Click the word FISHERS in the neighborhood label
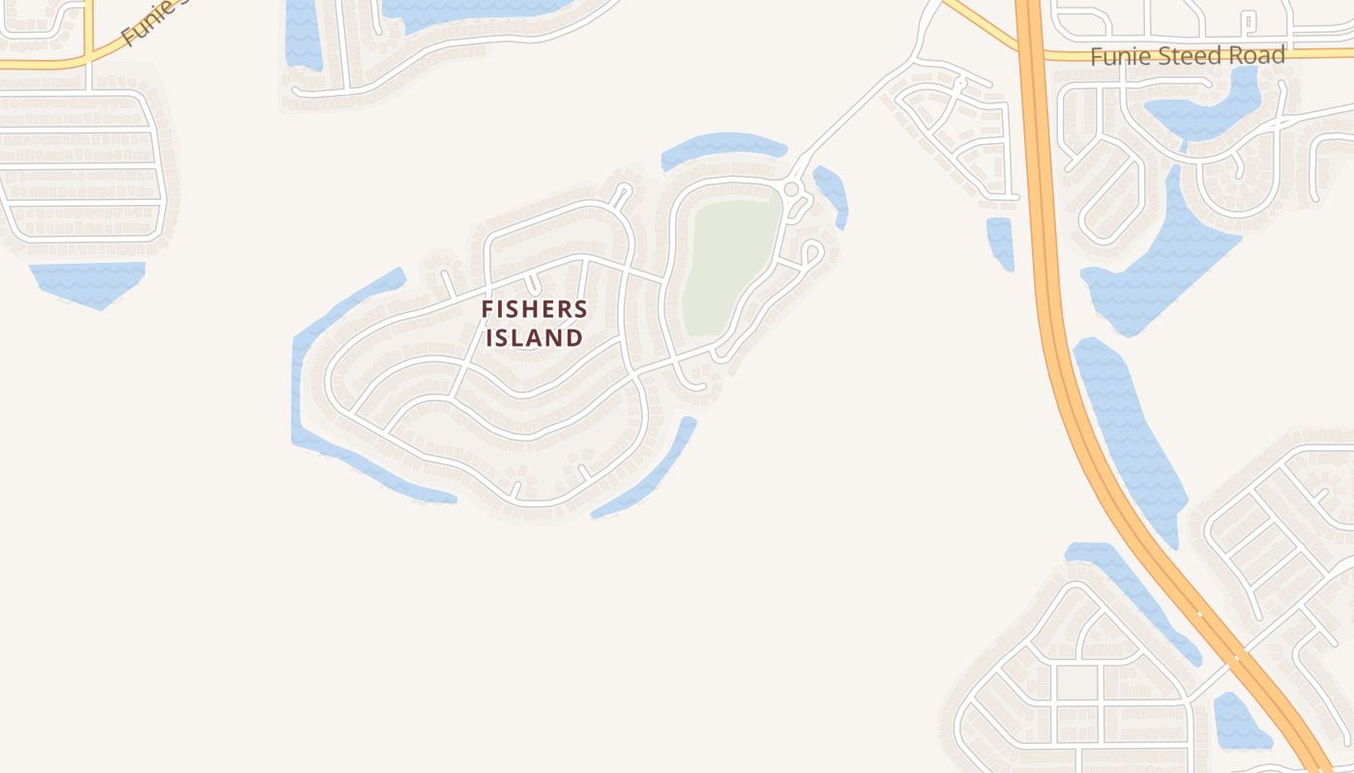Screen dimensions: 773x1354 tap(534, 309)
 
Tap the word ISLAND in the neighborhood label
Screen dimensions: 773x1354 tap(534, 338)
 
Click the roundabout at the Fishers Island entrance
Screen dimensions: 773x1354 tap(791, 189)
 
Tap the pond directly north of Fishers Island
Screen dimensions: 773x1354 tap(723, 148)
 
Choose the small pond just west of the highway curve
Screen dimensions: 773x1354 tap(1000, 242)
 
